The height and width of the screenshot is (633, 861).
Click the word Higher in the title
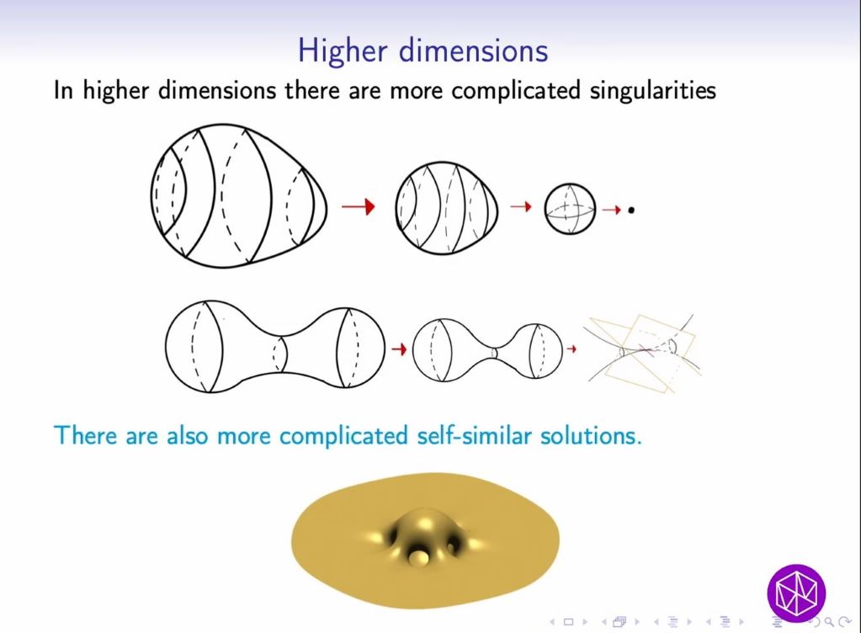pyautogui.click(x=343, y=51)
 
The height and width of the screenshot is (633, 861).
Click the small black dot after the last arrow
pyautogui.click(x=631, y=209)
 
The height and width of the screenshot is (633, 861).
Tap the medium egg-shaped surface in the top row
pyautogui.click(x=446, y=207)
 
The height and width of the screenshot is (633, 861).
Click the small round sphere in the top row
pyautogui.click(x=570, y=209)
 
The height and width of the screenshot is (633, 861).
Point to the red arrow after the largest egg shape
pyautogui.click(x=358, y=206)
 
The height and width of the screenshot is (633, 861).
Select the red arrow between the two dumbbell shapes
pyautogui.click(x=399, y=348)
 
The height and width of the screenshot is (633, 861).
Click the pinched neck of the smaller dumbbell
pyautogui.click(x=496, y=352)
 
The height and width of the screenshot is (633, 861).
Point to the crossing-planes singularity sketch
pyautogui.click(x=645, y=348)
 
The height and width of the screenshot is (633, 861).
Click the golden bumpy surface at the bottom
pyautogui.click(x=424, y=539)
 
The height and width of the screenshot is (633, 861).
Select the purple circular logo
pyautogui.click(x=796, y=593)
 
